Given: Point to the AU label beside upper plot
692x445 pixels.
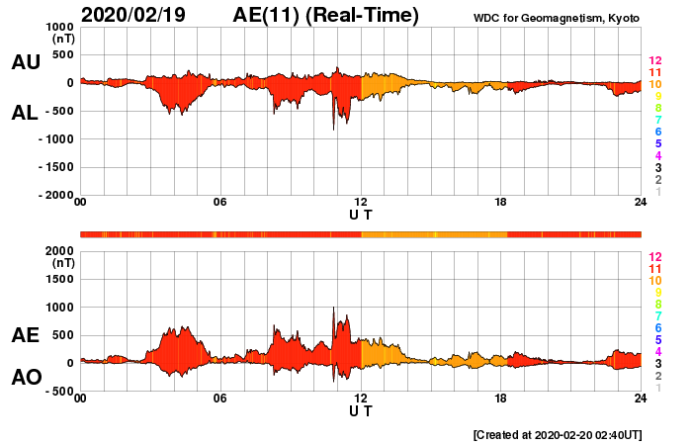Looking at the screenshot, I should [26, 62].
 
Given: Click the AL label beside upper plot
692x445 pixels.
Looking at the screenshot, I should [26, 113].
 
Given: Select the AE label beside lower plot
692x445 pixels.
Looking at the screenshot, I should [26, 335].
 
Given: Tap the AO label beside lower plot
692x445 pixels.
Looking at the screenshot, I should [26, 378].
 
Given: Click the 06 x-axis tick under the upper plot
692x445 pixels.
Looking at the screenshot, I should [220, 203].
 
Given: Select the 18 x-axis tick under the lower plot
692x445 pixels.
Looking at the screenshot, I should [501, 399].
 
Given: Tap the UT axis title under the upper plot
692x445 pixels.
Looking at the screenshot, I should [361, 214].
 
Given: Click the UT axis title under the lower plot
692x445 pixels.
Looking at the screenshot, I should [361, 410].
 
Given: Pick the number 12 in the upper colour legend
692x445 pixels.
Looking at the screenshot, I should [654, 61].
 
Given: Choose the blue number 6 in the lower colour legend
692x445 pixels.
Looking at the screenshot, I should [654, 327].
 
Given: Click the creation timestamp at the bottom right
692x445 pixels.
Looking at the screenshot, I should [558, 434].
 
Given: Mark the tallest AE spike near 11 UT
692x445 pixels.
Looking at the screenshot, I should [334, 309].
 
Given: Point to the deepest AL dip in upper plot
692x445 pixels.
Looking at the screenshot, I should [334, 129].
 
